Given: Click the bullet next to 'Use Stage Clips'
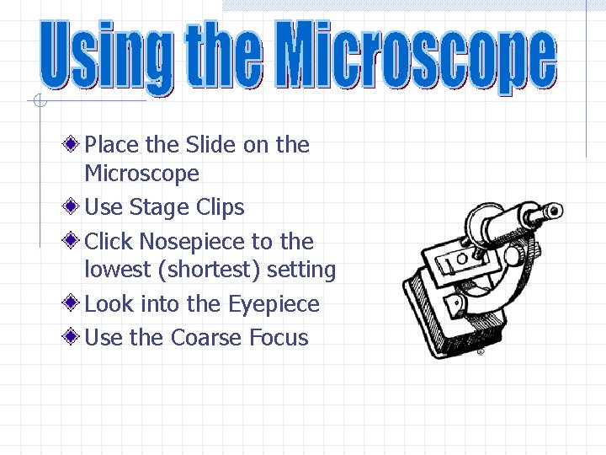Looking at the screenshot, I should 74,207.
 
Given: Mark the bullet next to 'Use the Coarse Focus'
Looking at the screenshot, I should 74,338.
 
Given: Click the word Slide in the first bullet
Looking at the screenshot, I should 210,145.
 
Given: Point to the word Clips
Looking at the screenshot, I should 220,208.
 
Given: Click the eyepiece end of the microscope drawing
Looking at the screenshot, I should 551,210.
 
